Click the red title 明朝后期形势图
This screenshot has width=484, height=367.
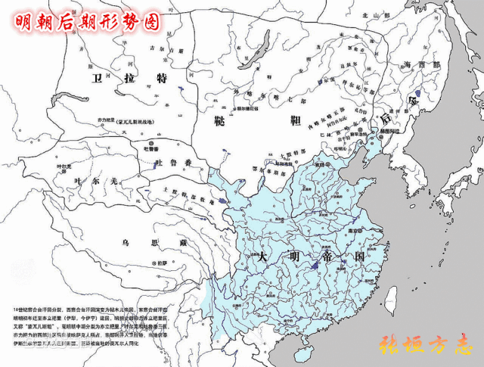(88, 21)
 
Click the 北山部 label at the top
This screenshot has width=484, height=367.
(369, 14)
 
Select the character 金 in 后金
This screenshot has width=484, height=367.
(412, 100)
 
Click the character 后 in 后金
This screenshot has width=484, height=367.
(385, 119)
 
